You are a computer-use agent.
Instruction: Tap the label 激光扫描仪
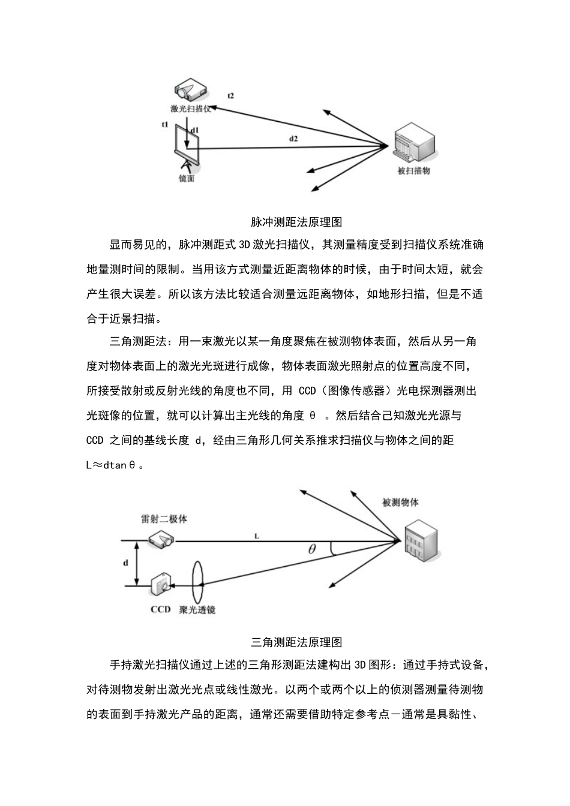coord(190,109)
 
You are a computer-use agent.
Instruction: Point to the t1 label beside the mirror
coord(165,124)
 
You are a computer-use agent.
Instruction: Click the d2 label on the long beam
coord(293,139)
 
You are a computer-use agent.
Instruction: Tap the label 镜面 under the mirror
coord(187,178)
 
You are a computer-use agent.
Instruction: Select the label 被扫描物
coord(414,170)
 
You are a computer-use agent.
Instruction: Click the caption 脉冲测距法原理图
coord(296,222)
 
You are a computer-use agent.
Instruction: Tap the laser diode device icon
coord(161,540)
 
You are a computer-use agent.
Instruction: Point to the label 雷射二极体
coord(164,519)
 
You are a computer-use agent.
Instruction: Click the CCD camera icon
coord(161,584)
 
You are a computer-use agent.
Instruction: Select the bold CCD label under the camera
coord(160,610)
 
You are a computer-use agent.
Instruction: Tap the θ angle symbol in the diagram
coord(312,549)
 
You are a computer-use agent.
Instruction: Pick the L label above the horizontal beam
coord(257,536)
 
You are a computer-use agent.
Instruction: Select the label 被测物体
coord(400,503)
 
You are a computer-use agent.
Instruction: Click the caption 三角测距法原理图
coord(296,642)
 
